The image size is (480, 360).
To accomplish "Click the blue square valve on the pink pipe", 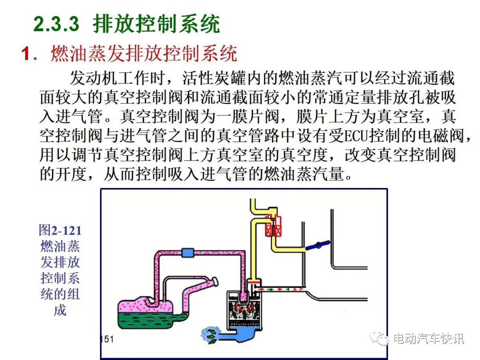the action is [x=188, y=252].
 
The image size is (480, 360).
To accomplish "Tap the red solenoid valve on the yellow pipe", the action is [x=273, y=225].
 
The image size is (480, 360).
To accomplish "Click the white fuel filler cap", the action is [x=215, y=281].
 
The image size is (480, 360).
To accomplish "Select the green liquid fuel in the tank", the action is [x=148, y=320].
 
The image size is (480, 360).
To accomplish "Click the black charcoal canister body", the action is [x=244, y=310].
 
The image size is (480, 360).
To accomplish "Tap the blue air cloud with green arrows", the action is [x=211, y=335].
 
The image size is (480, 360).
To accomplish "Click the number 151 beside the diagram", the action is [x=107, y=339].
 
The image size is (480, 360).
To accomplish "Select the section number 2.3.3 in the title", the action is [x=56, y=24].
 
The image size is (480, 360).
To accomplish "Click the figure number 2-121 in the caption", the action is [x=66, y=231].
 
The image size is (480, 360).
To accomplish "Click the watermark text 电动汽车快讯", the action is [x=428, y=338].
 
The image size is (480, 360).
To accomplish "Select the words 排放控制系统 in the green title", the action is [x=157, y=24].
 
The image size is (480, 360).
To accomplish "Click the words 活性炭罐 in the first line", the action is [x=215, y=78].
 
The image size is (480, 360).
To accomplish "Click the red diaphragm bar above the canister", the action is [x=254, y=281].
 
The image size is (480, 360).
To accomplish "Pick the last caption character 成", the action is [x=60, y=310].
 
